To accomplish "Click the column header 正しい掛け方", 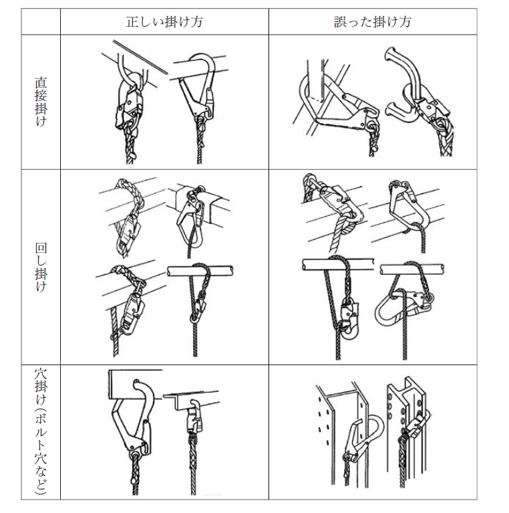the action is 164,22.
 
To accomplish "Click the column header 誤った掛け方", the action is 373,22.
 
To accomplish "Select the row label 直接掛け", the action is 41,102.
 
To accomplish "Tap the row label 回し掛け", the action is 41,267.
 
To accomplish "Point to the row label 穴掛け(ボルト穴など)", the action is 41,431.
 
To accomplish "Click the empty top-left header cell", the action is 41,21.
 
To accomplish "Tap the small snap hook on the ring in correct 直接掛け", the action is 129,105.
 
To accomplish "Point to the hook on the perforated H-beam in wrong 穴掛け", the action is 417,425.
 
